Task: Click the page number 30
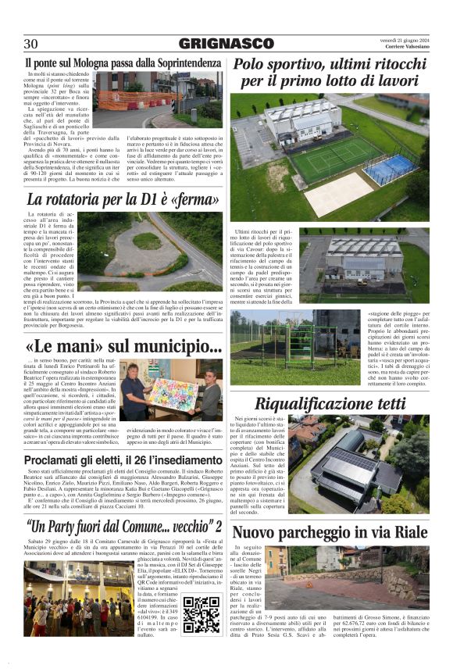coord(31,44)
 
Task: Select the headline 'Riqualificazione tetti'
coord(330,404)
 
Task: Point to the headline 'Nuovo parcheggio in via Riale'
coord(330,533)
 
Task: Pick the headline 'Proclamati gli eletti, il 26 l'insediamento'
coord(123,460)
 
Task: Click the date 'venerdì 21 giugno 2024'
coord(399,38)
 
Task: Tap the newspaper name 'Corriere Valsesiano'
coord(403,48)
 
